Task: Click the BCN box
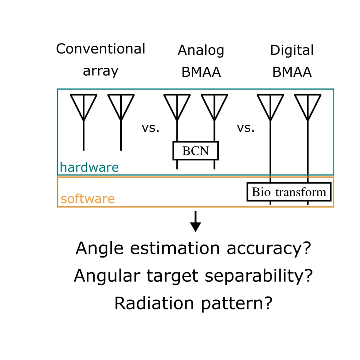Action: [195, 151]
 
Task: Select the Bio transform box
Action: [289, 192]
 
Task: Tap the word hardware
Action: [89, 167]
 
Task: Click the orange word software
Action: [88, 199]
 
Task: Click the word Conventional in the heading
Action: [100, 49]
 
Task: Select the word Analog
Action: [201, 50]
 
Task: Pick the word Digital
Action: [292, 50]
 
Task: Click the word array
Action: [100, 71]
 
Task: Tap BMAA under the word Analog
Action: [201, 72]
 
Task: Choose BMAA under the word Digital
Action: [292, 72]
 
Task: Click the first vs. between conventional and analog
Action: [151, 128]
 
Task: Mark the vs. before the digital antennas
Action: [246, 128]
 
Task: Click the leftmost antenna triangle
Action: [84, 105]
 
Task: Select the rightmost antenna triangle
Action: [308, 105]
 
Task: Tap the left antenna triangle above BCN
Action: [177, 105]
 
